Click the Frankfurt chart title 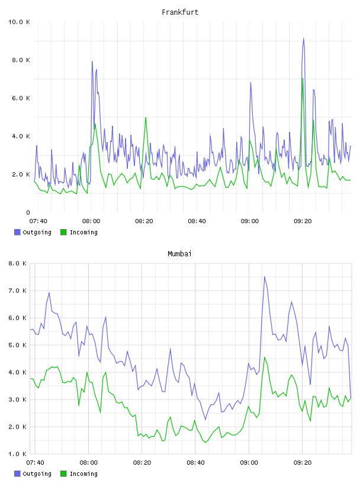pyautogui.click(x=180, y=12)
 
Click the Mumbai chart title pyautogui.click(x=179, y=254)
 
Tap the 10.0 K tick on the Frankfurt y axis pyautogui.click(x=19, y=22)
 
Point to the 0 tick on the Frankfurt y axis pyautogui.click(x=28, y=212)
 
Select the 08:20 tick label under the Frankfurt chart pyautogui.click(x=144, y=221)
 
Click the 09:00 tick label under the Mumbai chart pyautogui.click(x=249, y=463)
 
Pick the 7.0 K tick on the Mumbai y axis pyautogui.click(x=17, y=291)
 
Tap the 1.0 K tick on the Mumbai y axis pyautogui.click(x=17, y=454)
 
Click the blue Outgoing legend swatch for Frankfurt pyautogui.click(x=17, y=232)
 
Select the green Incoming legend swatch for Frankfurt pyautogui.click(x=63, y=232)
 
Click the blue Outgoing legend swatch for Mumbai pyautogui.click(x=17, y=474)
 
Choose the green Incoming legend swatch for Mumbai pyautogui.click(x=63, y=474)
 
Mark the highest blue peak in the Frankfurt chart pyautogui.click(x=304, y=38)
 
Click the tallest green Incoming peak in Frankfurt pyautogui.click(x=303, y=78)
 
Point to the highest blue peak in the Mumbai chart pyautogui.click(x=265, y=276)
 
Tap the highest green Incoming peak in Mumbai pyautogui.click(x=265, y=358)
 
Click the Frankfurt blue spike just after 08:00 pyautogui.click(x=92, y=62)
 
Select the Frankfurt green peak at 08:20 pyautogui.click(x=146, y=118)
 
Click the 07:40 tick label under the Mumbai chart pyautogui.click(x=35, y=463)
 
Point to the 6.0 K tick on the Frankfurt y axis pyautogui.click(x=21, y=98)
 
